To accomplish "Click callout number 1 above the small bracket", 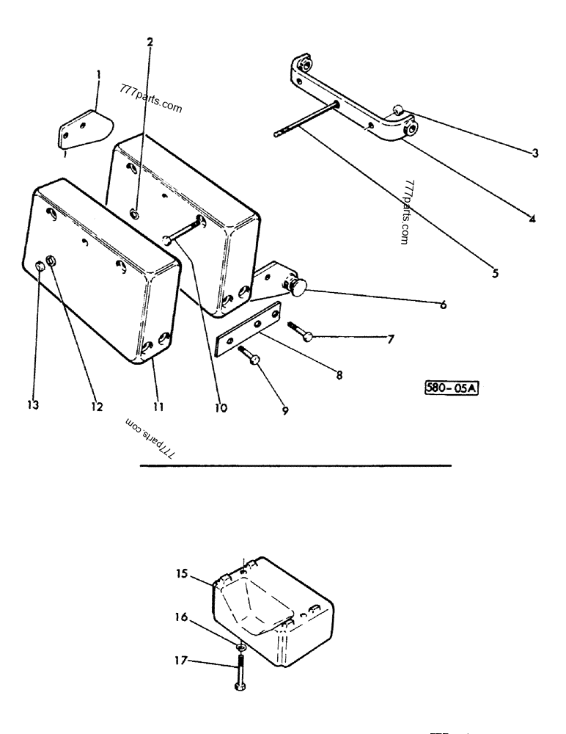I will (x=98, y=75).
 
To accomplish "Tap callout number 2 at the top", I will (x=150, y=42).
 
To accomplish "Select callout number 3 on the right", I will (x=535, y=153).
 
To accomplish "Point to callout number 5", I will (x=495, y=273).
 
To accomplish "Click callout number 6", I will (x=443, y=304).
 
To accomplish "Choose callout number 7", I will (x=391, y=339).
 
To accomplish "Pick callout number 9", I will (x=285, y=411).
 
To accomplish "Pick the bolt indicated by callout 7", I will (x=301, y=331).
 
